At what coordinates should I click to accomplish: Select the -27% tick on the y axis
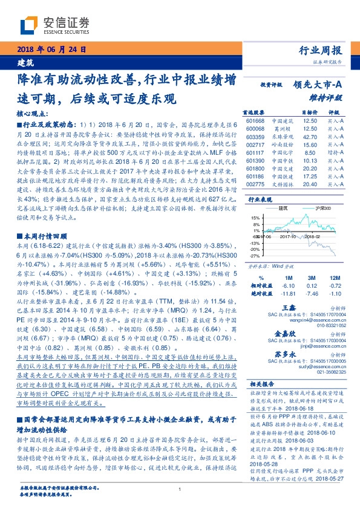255,256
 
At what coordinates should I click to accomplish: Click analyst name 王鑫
288,308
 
